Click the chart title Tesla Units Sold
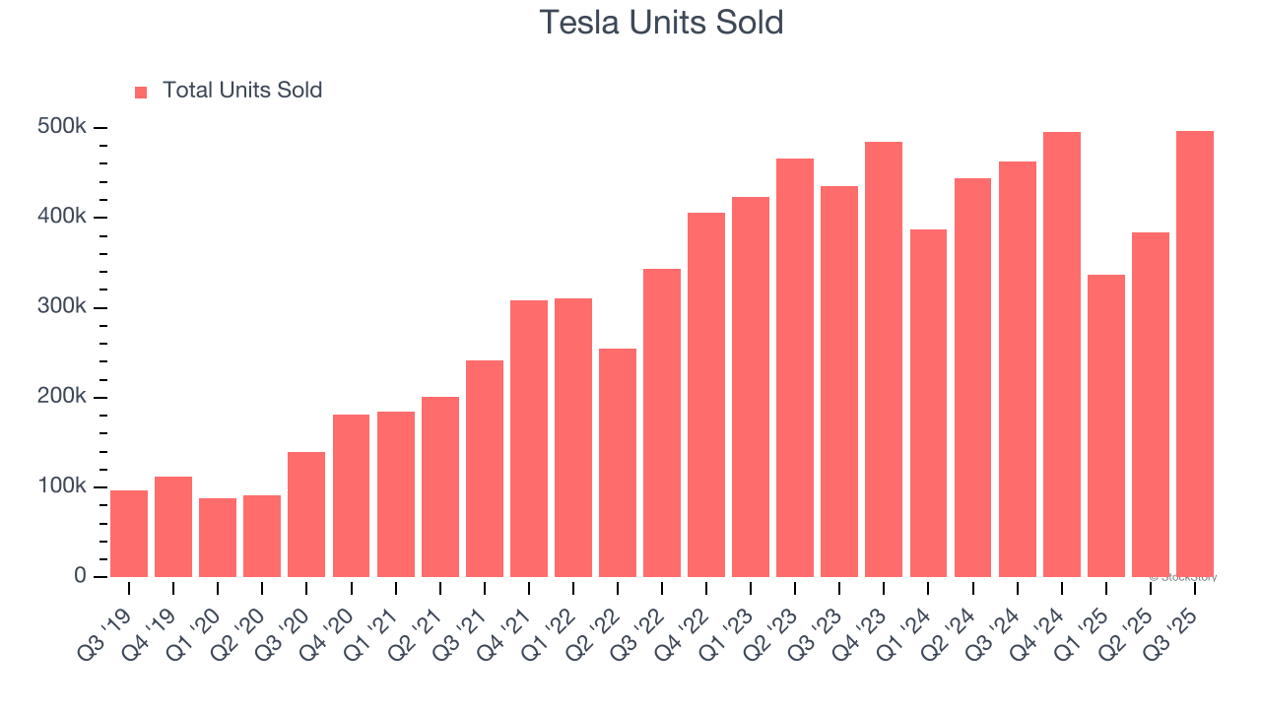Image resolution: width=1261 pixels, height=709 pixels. [x=661, y=23]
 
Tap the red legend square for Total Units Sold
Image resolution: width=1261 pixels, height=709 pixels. [x=141, y=92]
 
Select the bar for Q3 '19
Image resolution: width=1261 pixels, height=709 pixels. [x=129, y=533]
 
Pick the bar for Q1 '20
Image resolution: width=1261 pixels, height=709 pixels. [x=218, y=537]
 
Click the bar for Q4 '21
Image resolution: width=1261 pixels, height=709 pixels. [x=529, y=438]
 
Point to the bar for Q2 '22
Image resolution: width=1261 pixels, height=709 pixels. [x=618, y=462]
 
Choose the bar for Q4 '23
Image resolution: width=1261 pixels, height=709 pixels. [x=884, y=359]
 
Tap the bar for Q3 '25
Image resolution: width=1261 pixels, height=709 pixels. [x=1195, y=354]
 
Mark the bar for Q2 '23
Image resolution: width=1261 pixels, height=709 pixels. [x=795, y=367]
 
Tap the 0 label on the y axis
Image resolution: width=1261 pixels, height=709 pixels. [x=81, y=576]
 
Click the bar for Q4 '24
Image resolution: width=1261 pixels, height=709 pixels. [x=1062, y=354]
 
